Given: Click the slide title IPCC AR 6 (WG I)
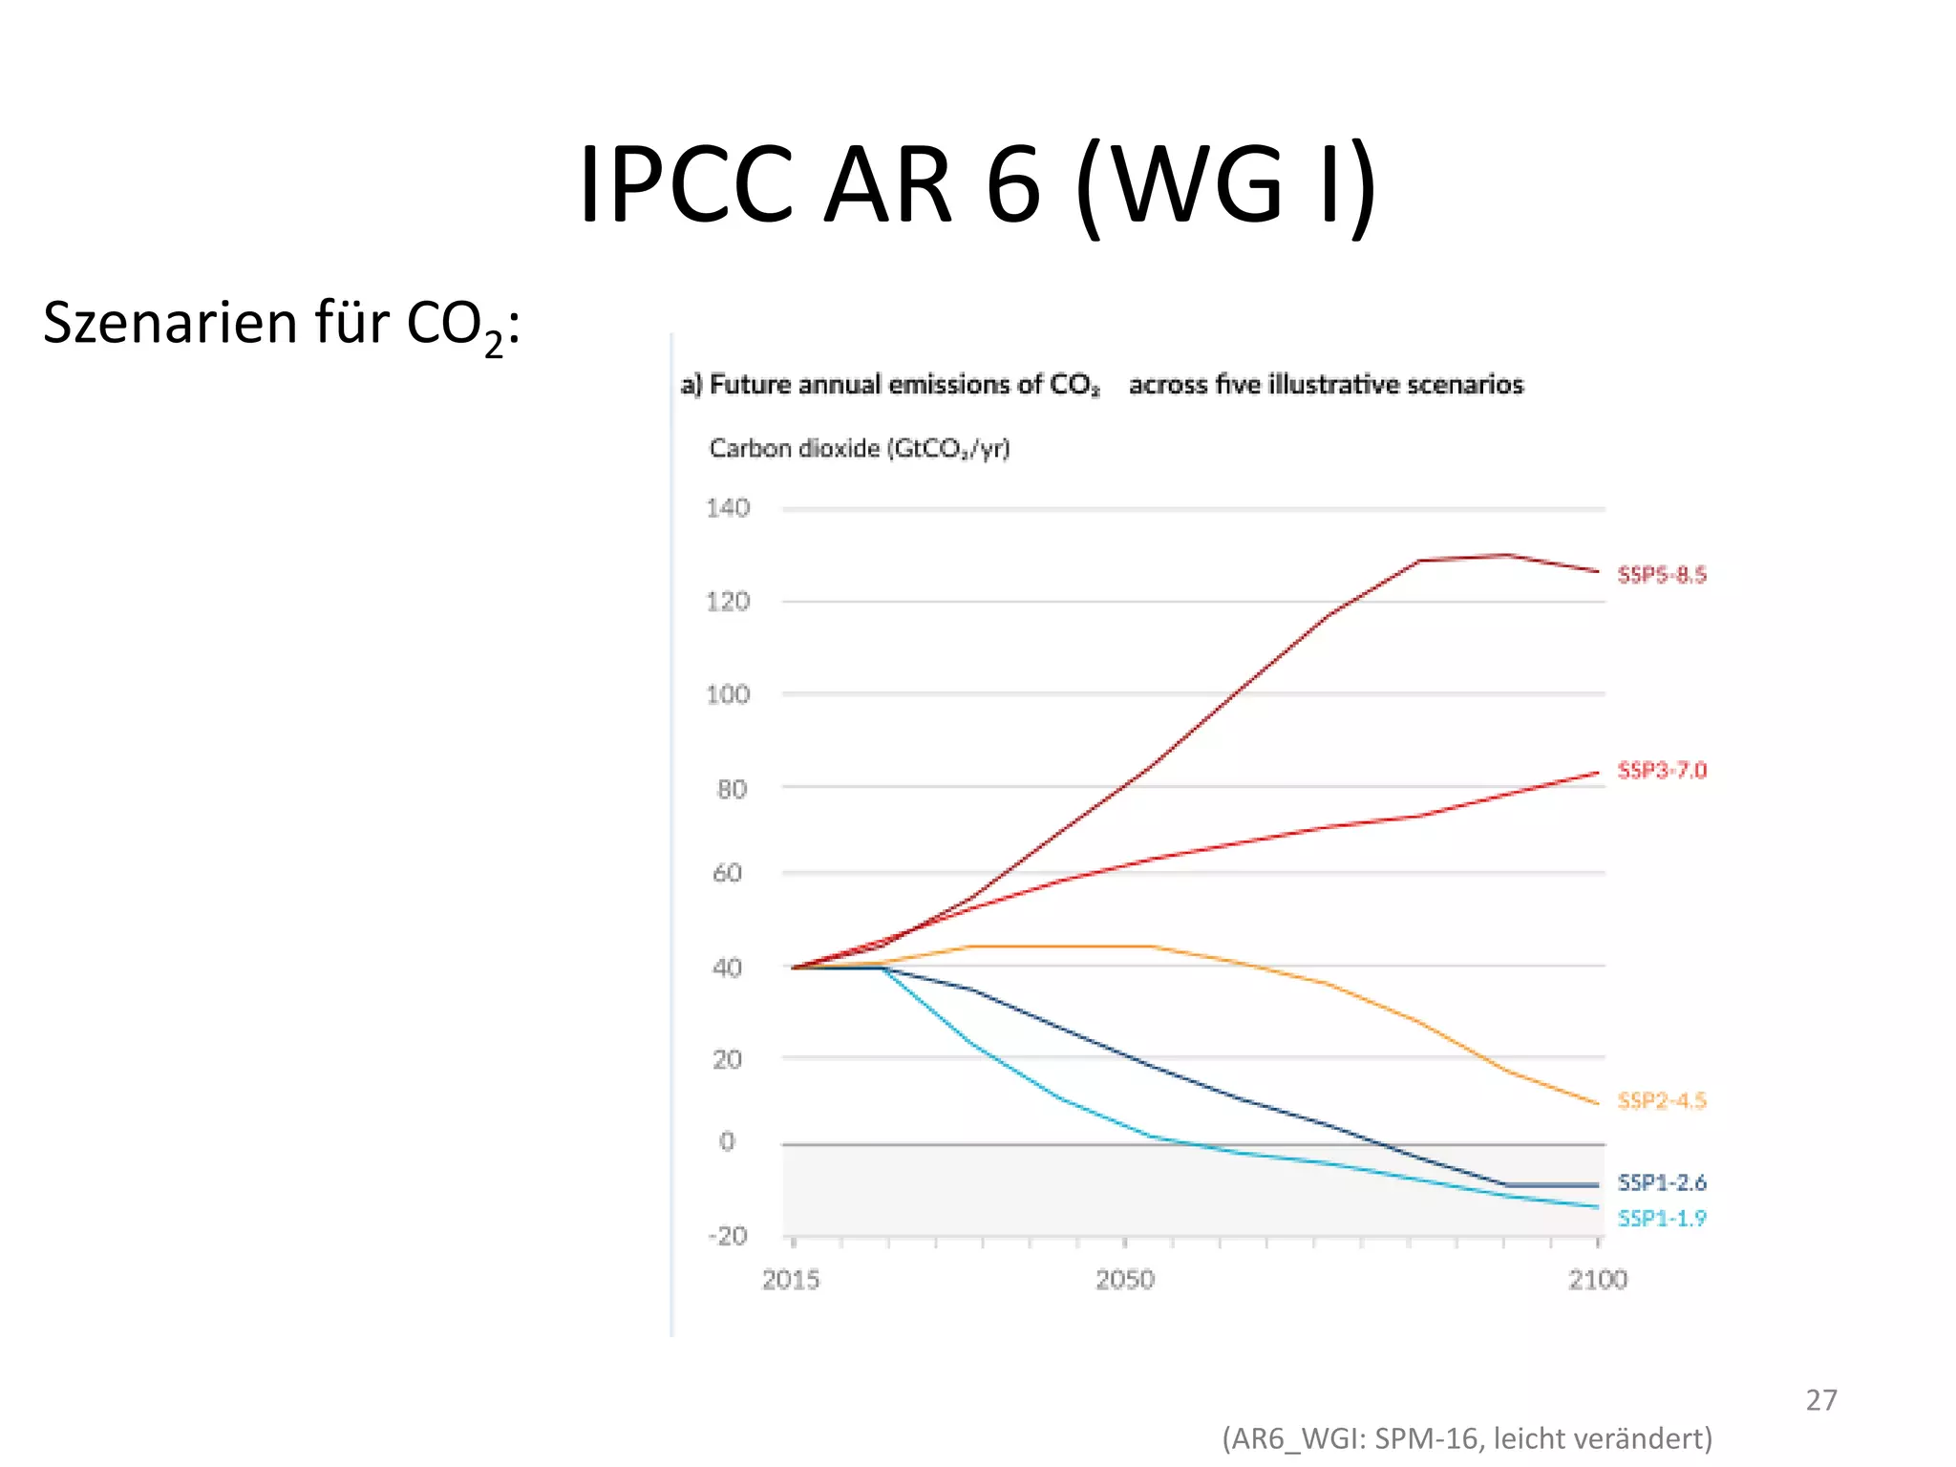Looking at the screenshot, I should click(x=977, y=183).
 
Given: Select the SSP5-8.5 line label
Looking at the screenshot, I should click(x=1661, y=575).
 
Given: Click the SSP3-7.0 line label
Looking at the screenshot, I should click(x=1661, y=770).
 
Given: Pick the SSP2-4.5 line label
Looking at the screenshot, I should click(x=1661, y=1101).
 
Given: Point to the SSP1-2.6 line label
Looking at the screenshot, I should click(x=1661, y=1183).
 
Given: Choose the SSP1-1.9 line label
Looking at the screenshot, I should click(x=1661, y=1219).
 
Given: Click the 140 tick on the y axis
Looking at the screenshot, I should click(x=728, y=508).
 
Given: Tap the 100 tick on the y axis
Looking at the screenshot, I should click(x=728, y=694).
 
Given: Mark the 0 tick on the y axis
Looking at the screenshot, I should click(x=728, y=1141).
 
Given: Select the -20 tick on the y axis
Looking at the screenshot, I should click(x=728, y=1236).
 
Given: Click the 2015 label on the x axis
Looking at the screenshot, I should click(x=791, y=1280).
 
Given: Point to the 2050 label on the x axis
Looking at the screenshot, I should click(x=1124, y=1280).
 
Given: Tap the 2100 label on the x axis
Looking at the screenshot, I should click(x=1597, y=1280).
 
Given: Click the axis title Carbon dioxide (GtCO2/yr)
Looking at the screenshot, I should click(x=859, y=448).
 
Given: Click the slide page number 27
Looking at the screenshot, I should click(x=1820, y=1400).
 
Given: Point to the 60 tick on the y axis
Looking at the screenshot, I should click(x=728, y=873).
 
